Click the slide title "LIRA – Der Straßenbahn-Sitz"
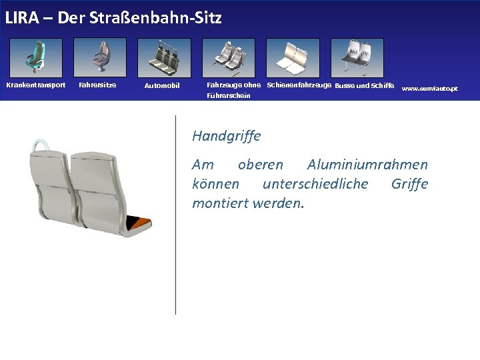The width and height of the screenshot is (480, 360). tap(113, 18)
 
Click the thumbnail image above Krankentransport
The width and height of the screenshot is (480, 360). tap(35, 57)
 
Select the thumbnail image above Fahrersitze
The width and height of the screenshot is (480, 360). tap(99, 57)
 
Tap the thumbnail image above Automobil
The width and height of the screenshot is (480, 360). tap(164, 57)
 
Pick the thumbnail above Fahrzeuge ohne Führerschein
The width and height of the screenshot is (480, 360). tap(229, 57)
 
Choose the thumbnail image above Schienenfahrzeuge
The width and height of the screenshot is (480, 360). tap(293, 57)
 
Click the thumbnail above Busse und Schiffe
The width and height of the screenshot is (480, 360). tap(357, 57)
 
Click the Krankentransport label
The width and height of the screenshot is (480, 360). tap(36, 85)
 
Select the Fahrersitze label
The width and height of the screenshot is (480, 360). tap(97, 85)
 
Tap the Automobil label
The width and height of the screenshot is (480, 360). tap(162, 85)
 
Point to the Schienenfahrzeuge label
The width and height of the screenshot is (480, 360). tap(299, 85)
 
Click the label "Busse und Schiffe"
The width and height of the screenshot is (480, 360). tap(365, 85)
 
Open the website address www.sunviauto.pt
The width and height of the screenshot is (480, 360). tap(430, 88)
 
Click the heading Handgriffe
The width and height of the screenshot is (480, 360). tap(226, 136)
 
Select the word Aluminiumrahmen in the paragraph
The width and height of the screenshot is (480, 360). tap(367, 164)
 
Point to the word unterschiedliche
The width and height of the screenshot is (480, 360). tap(315, 183)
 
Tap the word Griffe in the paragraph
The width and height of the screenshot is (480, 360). tap(409, 183)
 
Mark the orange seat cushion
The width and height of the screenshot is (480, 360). tap(140, 224)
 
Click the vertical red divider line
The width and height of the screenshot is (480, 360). tap(175, 213)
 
